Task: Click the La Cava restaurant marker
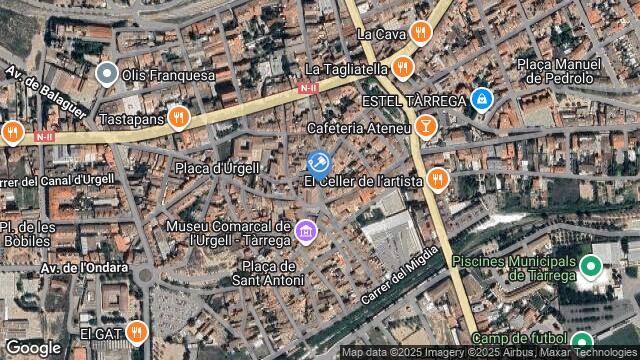pyautogui.click(x=421, y=33)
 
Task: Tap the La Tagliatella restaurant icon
pyautogui.click(x=403, y=68)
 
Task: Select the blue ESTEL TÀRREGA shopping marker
pyautogui.click(x=482, y=99)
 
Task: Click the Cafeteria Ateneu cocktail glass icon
pyautogui.click(x=426, y=127)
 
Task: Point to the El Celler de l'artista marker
pyautogui.click(x=436, y=180)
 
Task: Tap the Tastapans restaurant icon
pyautogui.click(x=178, y=118)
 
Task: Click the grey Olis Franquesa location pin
pyautogui.click(x=107, y=73)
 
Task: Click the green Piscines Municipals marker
pyautogui.click(x=590, y=266)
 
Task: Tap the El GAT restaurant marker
pyautogui.click(x=137, y=331)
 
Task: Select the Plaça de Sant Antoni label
pyautogui.click(x=269, y=273)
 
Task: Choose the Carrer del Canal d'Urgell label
pyautogui.click(x=57, y=181)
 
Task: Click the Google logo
pyautogui.click(x=33, y=347)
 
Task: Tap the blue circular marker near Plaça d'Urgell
pyautogui.click(x=318, y=164)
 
